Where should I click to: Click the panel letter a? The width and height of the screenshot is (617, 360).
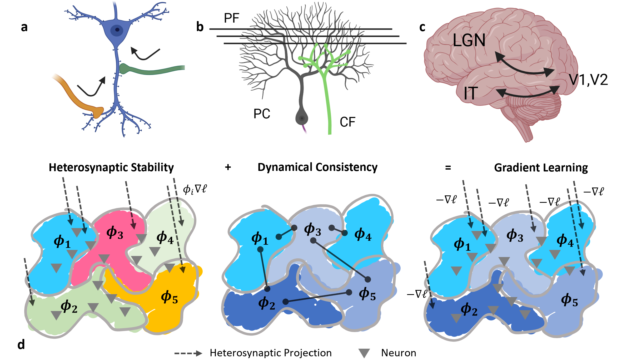[24, 27]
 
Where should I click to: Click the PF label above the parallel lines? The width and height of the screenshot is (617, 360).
[231, 18]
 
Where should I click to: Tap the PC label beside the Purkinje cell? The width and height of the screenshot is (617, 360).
[262, 114]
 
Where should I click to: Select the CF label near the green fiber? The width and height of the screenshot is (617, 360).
[347, 122]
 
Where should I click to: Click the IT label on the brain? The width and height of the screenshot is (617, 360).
[471, 93]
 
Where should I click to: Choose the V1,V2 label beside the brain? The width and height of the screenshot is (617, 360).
[588, 80]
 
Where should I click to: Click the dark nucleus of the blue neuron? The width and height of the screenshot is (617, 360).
[117, 30]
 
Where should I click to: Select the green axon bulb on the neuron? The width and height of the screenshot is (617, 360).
[124, 69]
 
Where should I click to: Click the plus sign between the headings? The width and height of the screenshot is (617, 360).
[228, 167]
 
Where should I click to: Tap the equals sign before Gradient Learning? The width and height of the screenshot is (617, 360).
[448, 167]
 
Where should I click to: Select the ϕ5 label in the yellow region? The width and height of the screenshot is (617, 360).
[169, 297]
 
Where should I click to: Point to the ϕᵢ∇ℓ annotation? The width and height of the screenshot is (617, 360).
[195, 189]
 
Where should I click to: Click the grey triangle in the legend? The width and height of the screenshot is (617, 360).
[364, 353]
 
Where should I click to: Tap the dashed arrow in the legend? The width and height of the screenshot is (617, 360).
[188, 353]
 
